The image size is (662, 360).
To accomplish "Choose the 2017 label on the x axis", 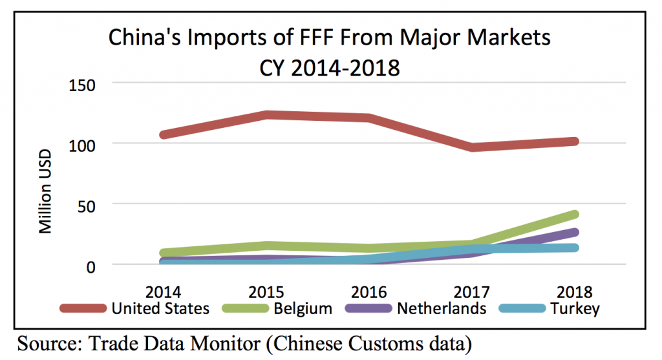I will tap(470, 291).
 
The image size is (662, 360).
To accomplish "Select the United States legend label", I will tap(161, 308).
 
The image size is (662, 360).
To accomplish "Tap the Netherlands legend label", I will tap(442, 308).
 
